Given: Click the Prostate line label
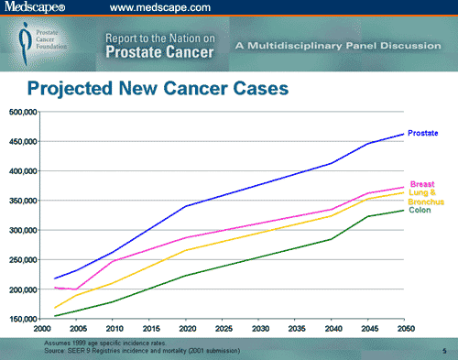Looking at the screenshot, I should click(x=422, y=134).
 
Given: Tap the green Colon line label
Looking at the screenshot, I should click(x=419, y=210).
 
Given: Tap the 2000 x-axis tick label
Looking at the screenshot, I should click(x=41, y=328).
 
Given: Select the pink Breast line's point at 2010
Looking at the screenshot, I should click(x=114, y=262).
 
